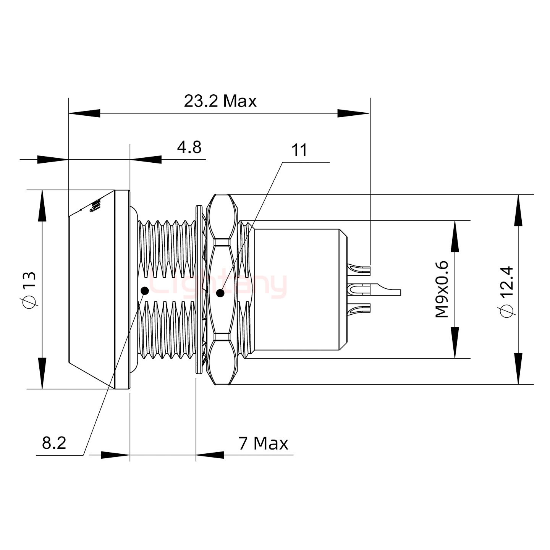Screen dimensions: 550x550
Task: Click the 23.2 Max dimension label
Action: coord(220,101)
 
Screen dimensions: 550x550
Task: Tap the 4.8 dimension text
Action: coord(189,147)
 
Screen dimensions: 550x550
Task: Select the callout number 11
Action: coord(299,150)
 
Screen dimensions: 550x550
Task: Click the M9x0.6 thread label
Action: coord(442,289)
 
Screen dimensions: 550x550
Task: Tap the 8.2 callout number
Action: coord(54,443)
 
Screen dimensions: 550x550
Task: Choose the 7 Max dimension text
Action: coord(263,443)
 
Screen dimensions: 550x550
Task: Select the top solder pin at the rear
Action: coord(361,270)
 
